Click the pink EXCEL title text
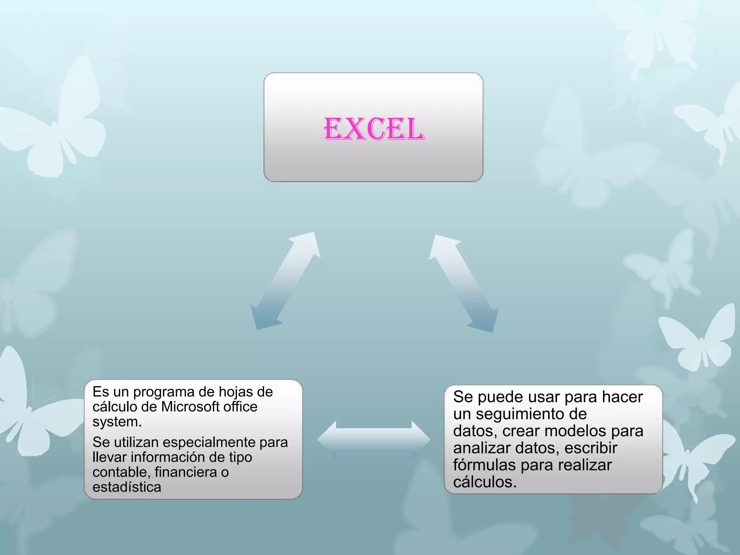pyautogui.click(x=374, y=129)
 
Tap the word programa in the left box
pyautogui.click(x=175, y=392)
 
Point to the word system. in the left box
pyautogui.click(x=117, y=422)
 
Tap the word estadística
pyautogui.click(x=127, y=487)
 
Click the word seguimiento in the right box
pyautogui.click(x=531, y=414)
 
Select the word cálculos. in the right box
pyautogui.click(x=485, y=482)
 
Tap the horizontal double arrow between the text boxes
pyautogui.click(x=374, y=439)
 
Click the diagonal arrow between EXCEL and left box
pyautogui.click(x=285, y=281)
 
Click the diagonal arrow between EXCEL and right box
pyautogui.click(x=464, y=283)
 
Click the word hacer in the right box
pyautogui.click(x=622, y=397)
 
